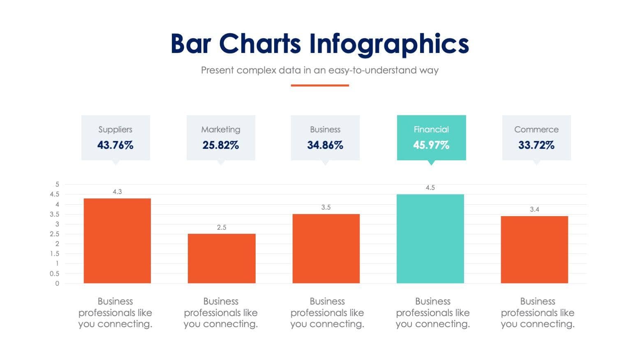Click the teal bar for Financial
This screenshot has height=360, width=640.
pos(430,239)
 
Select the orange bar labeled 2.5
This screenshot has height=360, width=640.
pos(222,258)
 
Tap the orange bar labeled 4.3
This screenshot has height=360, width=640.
pos(117,241)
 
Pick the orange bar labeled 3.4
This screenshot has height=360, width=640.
pos(534,249)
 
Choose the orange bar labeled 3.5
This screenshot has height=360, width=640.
pos(326,249)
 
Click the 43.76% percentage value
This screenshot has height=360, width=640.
pos(116,145)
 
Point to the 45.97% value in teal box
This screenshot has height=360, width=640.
pos(431,145)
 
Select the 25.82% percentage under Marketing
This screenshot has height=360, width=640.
pos(221,145)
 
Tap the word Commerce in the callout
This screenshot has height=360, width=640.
pos(536,129)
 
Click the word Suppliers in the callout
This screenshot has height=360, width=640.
pos(116,129)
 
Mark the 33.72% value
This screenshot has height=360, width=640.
pos(536,145)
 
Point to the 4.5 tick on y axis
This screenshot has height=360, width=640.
pos(55,194)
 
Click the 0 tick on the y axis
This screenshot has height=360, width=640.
pos(57,283)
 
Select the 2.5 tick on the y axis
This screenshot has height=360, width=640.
pos(55,234)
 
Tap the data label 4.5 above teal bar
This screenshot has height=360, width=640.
pos(430,188)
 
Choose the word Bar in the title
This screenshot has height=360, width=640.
pos(191,44)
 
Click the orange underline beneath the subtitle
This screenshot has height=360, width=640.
pos(320,85)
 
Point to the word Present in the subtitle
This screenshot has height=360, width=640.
pos(217,70)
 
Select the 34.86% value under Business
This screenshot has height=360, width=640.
pos(325,145)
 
